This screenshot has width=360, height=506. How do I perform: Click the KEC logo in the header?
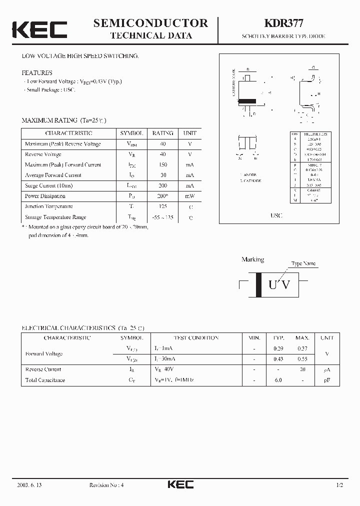pos(39,29)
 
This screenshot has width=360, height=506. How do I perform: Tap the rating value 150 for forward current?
pos(162,164)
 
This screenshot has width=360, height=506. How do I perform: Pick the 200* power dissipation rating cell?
pos(162,196)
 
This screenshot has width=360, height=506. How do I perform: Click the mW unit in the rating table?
pos(190,196)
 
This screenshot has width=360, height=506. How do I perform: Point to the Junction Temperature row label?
pos(48,206)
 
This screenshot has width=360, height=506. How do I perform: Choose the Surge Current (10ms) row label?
pos(48,185)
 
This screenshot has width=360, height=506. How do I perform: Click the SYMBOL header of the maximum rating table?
pos(131,133)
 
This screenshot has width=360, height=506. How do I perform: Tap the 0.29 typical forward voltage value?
pos(278,348)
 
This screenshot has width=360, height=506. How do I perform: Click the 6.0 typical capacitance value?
pos(278,380)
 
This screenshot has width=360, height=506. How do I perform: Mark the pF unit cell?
pos(327,380)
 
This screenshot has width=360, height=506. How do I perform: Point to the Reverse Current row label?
pos(43,369)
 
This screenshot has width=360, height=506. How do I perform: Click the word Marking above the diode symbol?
pos(252,259)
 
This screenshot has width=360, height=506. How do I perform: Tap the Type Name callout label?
pos(303,263)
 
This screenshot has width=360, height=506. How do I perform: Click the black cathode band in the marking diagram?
pos(258,285)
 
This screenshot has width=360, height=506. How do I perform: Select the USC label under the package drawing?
pos(276,215)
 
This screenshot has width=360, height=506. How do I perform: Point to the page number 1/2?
pos(340,485)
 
